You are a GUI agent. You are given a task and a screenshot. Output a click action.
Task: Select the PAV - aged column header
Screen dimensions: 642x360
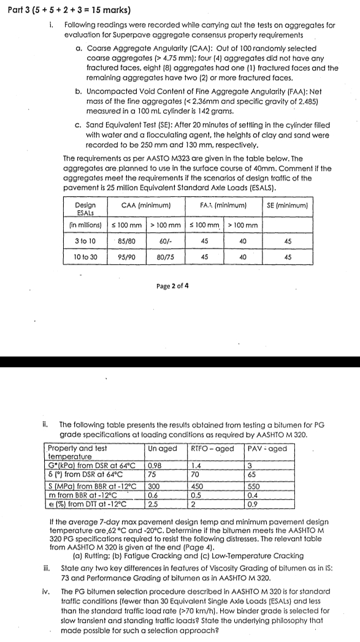click(267, 448)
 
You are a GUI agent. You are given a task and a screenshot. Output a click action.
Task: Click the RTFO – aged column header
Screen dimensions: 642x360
click(213, 448)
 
